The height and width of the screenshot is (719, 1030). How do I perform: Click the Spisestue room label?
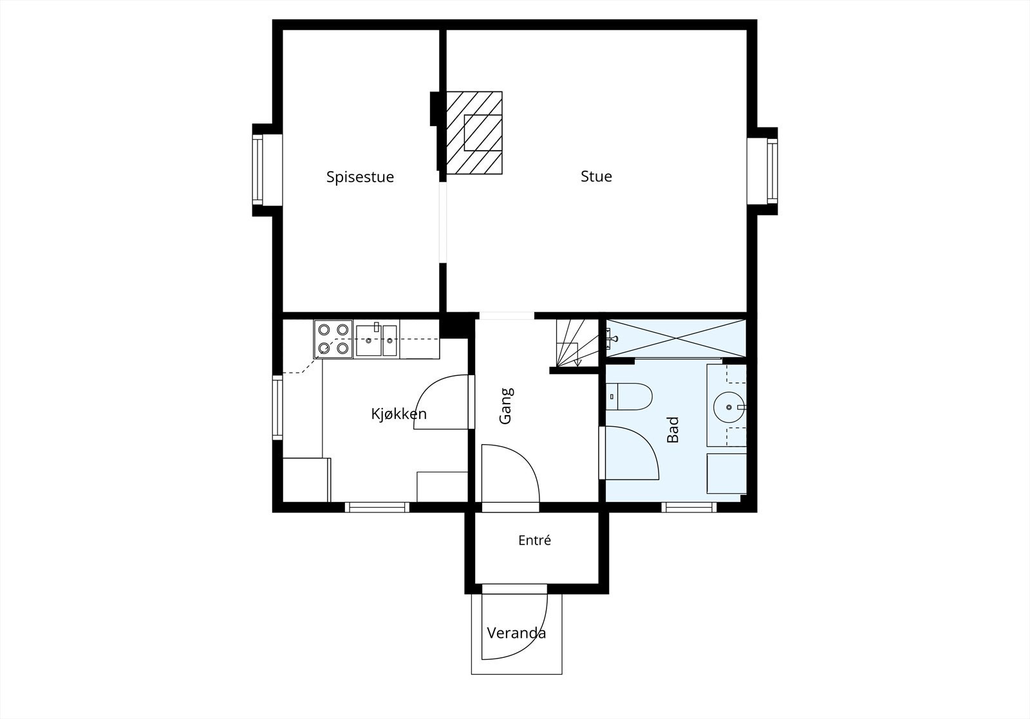360,177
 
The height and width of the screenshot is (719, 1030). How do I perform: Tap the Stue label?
596,176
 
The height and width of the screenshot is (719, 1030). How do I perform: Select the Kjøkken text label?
398,414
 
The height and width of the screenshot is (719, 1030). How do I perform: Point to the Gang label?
506,406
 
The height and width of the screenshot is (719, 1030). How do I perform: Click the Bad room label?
672,429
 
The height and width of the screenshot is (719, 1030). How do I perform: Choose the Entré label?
534,539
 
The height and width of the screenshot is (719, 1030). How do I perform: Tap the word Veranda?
516,633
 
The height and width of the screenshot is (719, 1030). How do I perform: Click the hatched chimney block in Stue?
474,133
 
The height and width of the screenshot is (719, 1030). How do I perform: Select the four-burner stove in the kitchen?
333,339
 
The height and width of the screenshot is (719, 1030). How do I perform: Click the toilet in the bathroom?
629,397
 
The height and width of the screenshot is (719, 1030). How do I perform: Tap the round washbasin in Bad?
729,407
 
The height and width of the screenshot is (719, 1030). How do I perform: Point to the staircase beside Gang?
577,343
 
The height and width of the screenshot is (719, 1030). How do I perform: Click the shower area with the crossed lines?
676,338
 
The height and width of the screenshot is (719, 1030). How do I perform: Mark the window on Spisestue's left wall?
257,170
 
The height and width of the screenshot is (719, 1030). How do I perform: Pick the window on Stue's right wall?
772,171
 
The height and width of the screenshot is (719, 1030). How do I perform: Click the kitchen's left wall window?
277,407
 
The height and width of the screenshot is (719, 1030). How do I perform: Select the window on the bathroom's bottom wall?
689,507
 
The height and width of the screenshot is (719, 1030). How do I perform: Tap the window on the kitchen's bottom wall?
377,507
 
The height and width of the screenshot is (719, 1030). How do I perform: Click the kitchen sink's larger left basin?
368,341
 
